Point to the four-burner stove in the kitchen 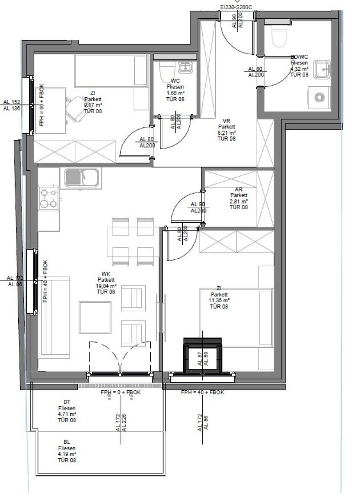pos(48,199)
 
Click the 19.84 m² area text pos(105,286)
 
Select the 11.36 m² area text pos(219,300)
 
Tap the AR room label pos(239,189)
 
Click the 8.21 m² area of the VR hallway pos(226,133)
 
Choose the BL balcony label pos(67,442)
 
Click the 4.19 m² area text pos(67,454)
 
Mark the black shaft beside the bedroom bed pos(202,355)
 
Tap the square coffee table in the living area pos(95,316)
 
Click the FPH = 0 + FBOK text pos(120,393)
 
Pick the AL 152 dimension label pos(11,102)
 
